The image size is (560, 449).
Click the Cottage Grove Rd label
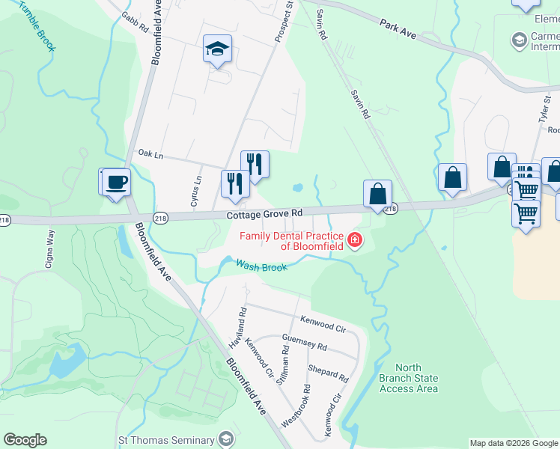(264, 214)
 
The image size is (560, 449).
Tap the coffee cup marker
(116, 182)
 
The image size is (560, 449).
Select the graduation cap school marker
(217, 50)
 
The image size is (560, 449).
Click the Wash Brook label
(261, 266)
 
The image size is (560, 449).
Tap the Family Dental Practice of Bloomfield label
(291, 241)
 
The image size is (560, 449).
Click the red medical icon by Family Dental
(354, 241)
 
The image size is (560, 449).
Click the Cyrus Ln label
(195, 192)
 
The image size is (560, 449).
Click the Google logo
(25, 440)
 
